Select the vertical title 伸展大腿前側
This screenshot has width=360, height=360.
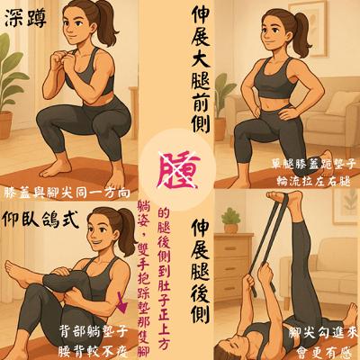coord(200,72)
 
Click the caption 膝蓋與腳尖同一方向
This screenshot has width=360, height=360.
coord(67,192)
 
